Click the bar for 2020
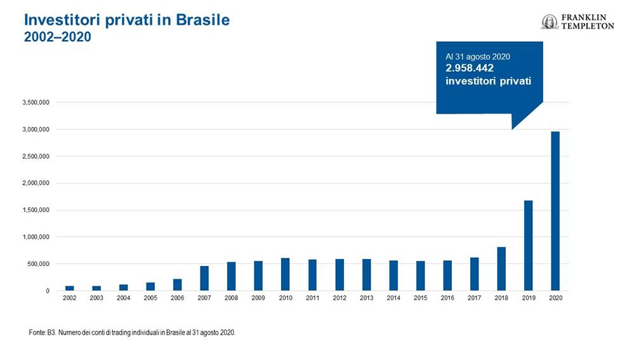click(555, 211)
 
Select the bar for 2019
click(528, 246)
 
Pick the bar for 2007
click(204, 278)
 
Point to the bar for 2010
click(286, 274)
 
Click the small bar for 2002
click(69, 288)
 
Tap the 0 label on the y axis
click(48, 291)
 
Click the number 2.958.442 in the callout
click(470, 69)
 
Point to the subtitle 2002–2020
click(58, 37)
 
